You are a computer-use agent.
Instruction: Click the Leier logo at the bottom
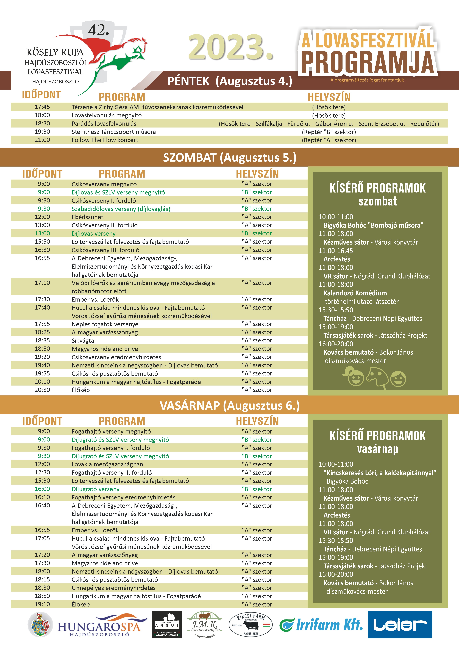(x=400, y=625)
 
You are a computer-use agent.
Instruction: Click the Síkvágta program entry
(x=83, y=341)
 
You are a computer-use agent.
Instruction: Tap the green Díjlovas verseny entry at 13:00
(x=94, y=234)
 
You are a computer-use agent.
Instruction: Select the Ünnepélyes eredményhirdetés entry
(x=113, y=588)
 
